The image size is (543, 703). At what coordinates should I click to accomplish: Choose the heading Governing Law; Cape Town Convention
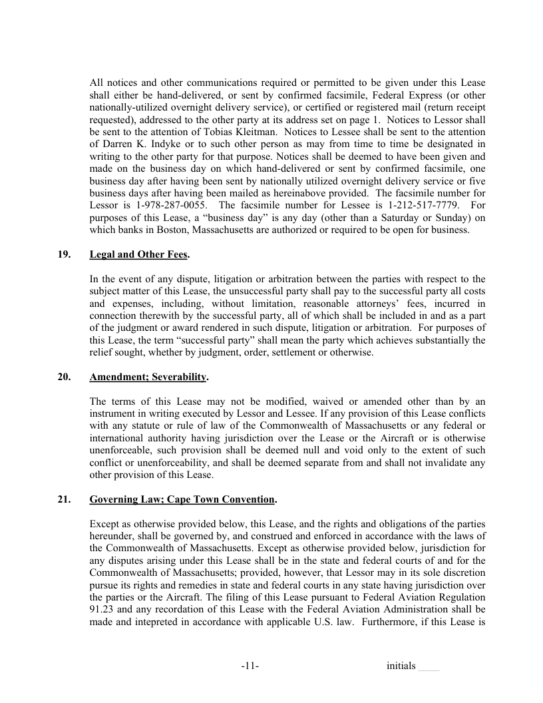click(x=182, y=499)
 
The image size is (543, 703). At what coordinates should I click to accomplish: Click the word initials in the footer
click(x=401, y=666)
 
